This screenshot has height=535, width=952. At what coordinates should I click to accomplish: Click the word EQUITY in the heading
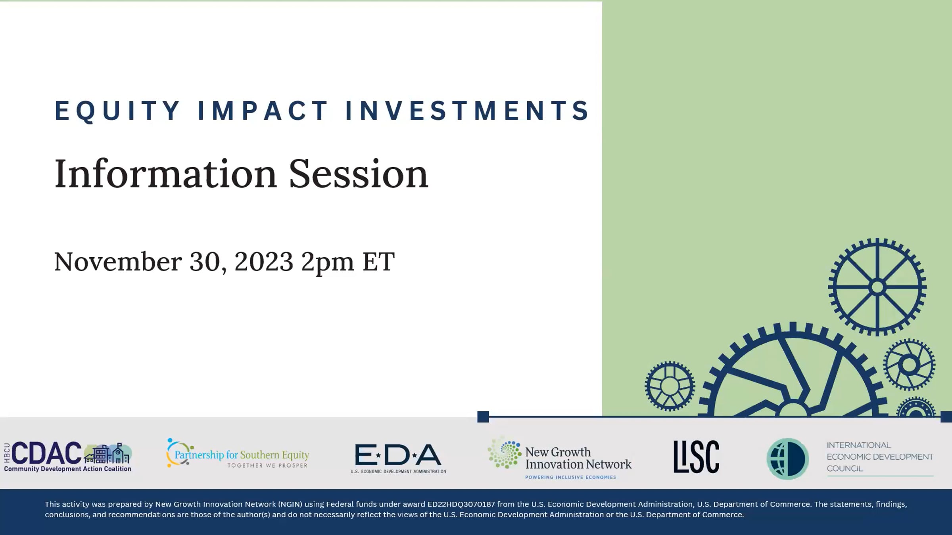(x=117, y=111)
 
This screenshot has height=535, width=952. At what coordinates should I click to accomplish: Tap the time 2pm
(x=327, y=263)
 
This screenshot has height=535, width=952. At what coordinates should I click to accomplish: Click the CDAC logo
(x=68, y=457)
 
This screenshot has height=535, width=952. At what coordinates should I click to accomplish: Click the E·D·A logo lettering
(x=398, y=455)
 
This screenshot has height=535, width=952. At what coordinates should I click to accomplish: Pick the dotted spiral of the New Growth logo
(x=504, y=453)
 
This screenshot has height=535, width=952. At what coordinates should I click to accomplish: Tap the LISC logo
(x=696, y=457)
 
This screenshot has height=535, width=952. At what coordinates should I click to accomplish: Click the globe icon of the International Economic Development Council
(x=787, y=459)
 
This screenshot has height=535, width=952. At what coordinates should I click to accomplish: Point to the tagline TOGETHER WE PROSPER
(x=268, y=465)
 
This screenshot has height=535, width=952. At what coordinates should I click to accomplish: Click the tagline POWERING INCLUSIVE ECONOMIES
(x=570, y=477)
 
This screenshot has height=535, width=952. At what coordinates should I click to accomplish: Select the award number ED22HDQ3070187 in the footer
(x=461, y=504)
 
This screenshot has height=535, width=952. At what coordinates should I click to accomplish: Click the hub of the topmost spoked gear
(x=877, y=287)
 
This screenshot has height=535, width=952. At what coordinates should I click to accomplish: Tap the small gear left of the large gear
(x=670, y=386)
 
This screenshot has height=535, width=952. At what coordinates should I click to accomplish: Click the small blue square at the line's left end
(x=483, y=417)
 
